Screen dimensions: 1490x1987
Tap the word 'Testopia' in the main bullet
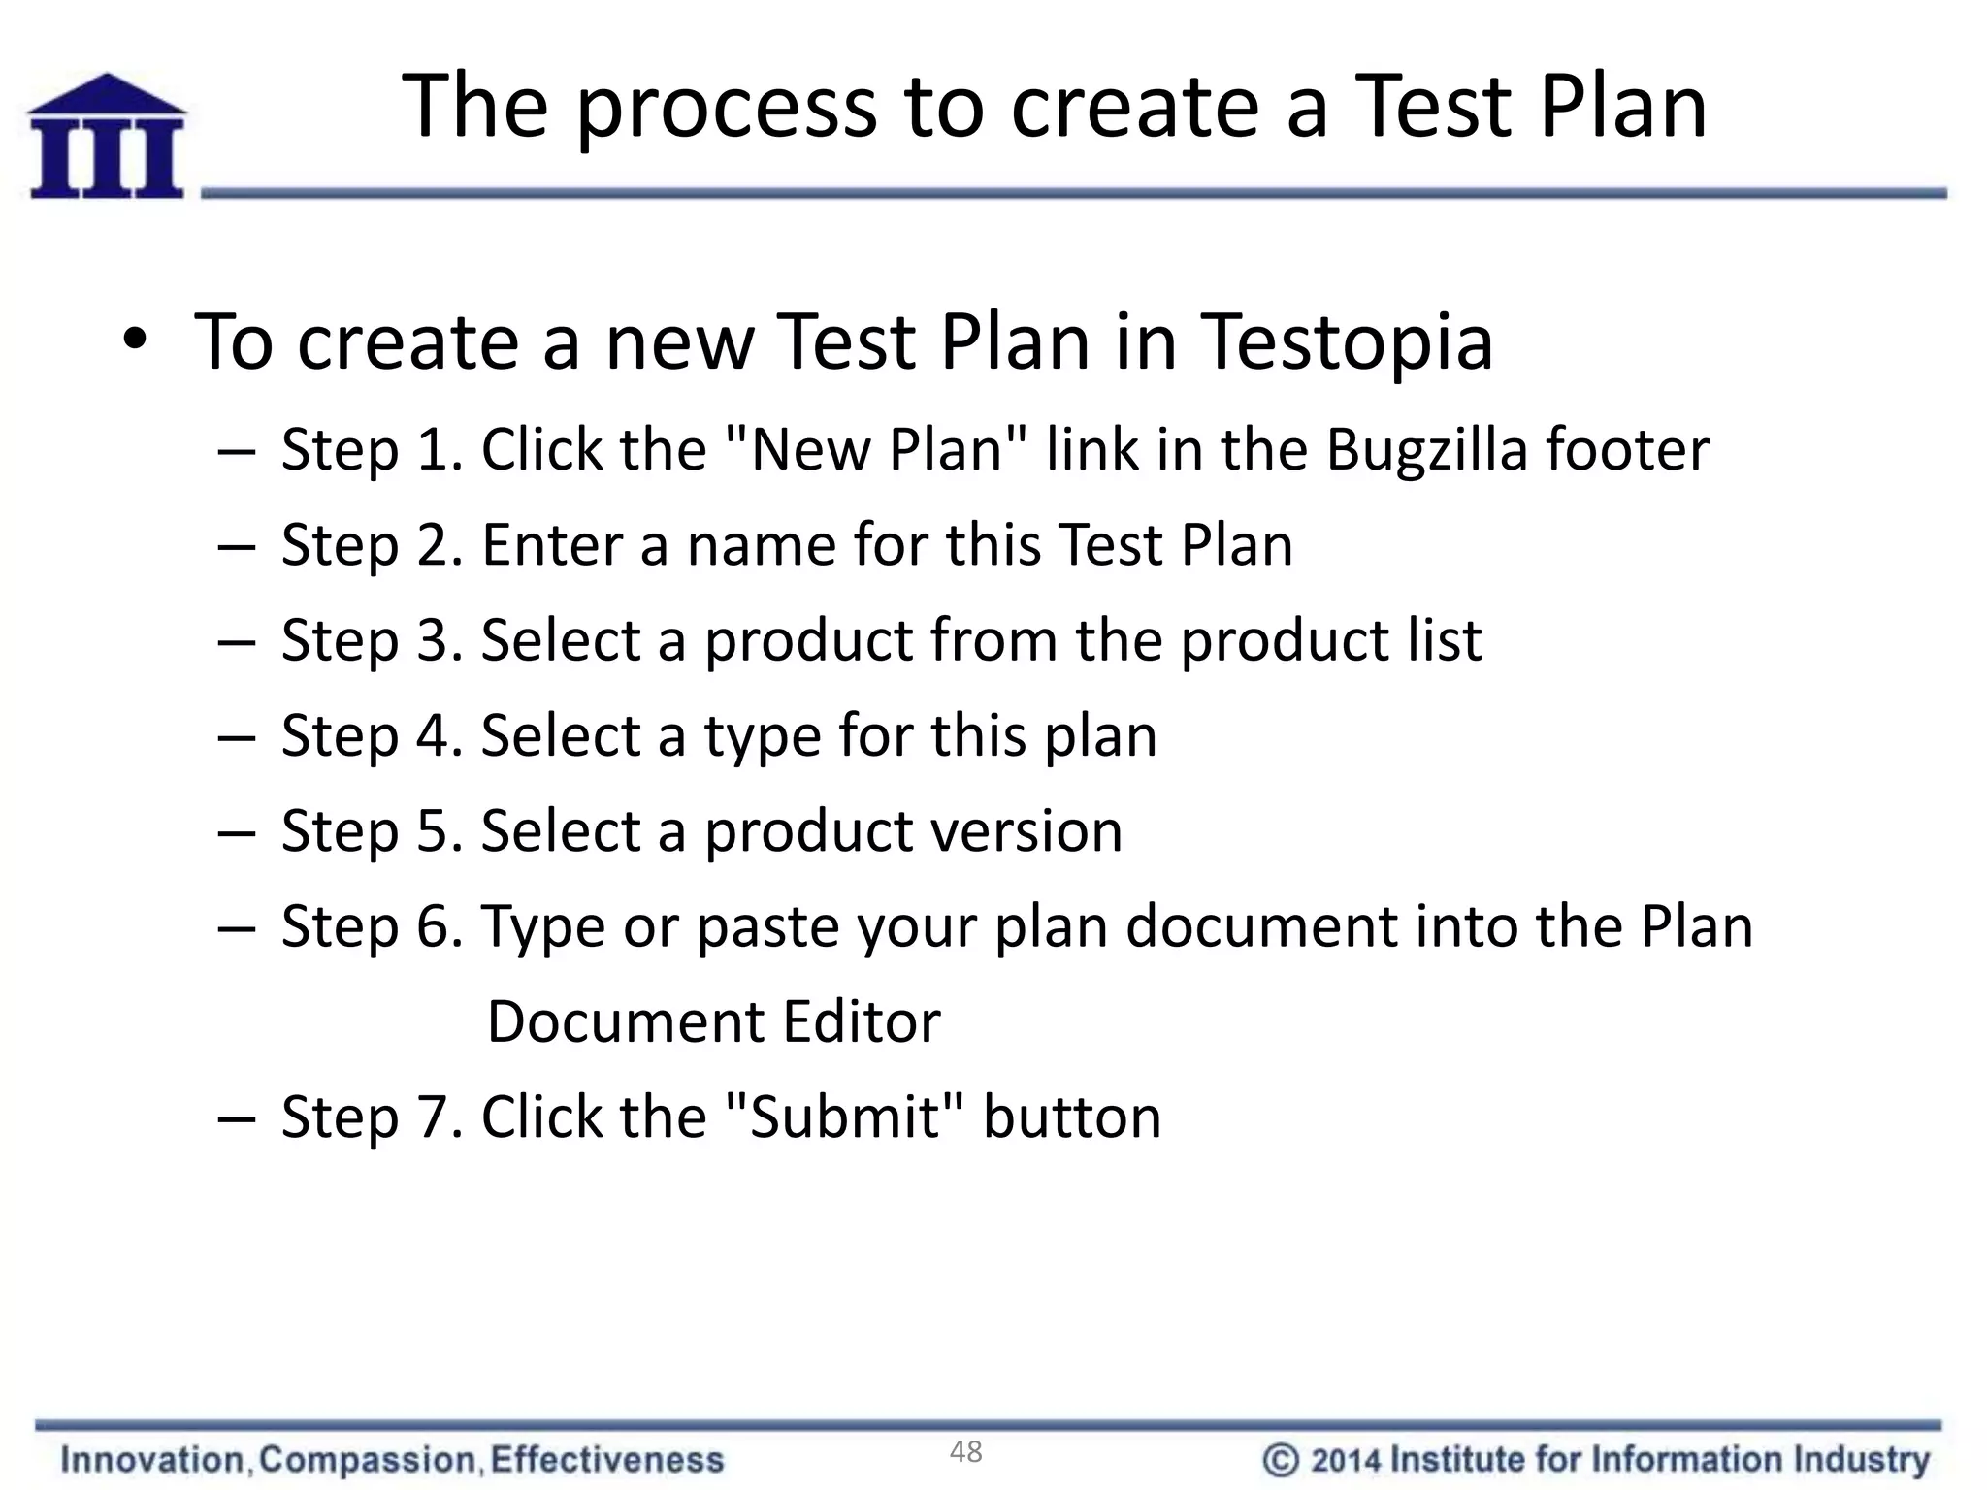(1348, 343)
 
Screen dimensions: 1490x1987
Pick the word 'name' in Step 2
(760, 545)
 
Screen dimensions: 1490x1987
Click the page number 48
(966, 1452)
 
